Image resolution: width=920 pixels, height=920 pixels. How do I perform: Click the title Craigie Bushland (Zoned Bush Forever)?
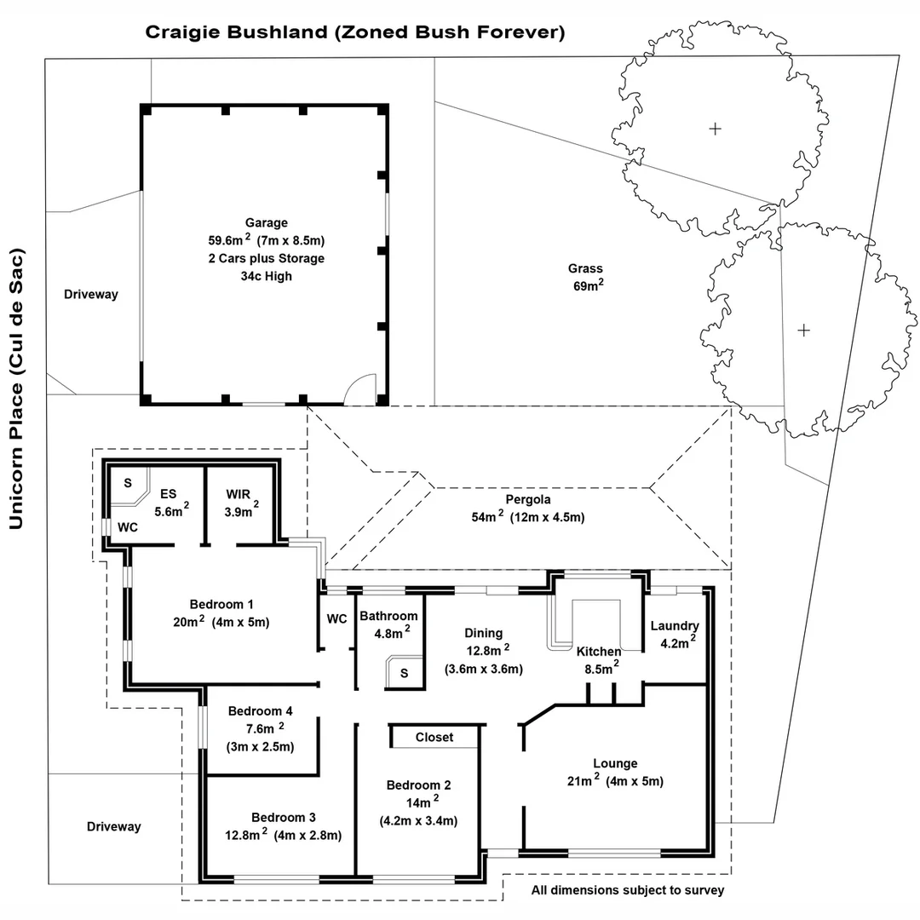355,32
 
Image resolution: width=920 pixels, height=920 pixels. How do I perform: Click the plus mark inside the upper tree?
716,129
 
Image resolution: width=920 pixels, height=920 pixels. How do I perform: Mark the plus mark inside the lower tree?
803,330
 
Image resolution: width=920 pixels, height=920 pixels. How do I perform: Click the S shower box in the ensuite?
128,483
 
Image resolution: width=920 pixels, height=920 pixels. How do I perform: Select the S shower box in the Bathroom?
404,673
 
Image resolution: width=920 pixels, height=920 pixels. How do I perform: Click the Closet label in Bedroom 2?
434,737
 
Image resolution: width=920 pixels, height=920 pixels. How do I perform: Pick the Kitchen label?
599,652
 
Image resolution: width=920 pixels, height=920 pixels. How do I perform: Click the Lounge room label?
615,763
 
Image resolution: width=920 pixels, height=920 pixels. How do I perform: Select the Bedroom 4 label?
261,711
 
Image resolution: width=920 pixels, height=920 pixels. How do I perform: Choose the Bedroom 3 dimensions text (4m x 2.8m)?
308,836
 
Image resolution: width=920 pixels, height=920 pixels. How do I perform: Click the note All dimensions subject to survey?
628,891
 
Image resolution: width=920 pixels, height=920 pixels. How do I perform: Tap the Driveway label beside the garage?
91,295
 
